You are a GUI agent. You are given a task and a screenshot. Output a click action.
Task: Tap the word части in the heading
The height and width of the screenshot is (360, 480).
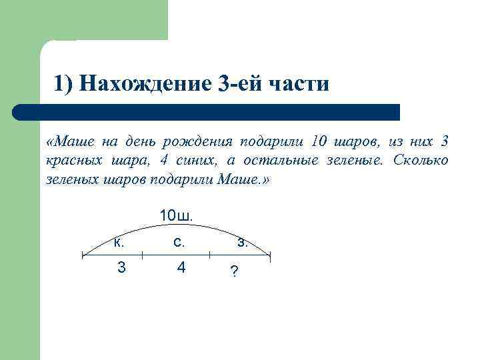tap(298, 84)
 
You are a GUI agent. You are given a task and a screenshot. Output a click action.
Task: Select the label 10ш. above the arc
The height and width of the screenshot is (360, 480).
tap(176, 215)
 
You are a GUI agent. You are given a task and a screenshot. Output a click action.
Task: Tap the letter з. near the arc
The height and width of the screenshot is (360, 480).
tap(243, 243)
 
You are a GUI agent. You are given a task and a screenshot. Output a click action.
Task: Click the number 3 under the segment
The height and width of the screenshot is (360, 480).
tap(121, 269)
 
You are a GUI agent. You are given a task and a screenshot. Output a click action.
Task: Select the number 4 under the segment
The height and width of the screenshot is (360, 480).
tap(180, 269)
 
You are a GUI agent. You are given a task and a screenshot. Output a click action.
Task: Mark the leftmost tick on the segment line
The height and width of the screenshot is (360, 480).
tap(82, 255)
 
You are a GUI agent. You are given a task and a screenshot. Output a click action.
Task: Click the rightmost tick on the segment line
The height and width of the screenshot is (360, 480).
tap(270, 255)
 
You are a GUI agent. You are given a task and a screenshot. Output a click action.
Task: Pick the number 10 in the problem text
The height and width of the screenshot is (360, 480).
tap(321, 141)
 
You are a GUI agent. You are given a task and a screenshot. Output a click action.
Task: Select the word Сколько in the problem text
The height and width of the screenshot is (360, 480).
tap(421, 161)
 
